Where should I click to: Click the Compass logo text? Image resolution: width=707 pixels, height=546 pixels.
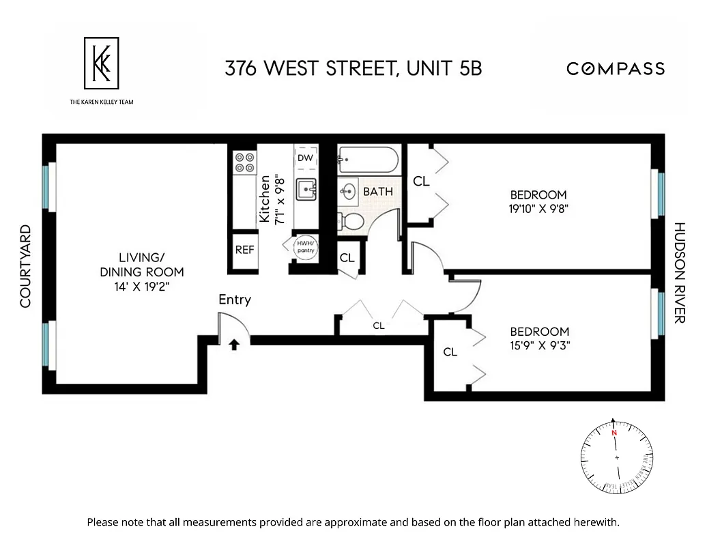tap(615, 68)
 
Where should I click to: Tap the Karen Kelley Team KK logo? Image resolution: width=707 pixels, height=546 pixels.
tap(101, 63)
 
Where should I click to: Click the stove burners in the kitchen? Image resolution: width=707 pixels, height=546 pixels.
tap(245, 162)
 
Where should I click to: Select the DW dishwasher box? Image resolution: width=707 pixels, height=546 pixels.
tap(305, 158)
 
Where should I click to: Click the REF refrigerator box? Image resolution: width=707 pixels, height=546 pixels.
tap(244, 250)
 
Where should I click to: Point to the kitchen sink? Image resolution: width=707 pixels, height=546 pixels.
tap(306, 189)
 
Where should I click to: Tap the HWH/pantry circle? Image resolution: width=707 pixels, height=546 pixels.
tap(304, 246)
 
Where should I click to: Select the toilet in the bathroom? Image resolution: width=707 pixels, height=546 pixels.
tap(351, 221)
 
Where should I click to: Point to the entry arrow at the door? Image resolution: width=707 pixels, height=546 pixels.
tap(233, 345)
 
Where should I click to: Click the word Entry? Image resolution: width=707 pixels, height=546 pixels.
tap(235, 300)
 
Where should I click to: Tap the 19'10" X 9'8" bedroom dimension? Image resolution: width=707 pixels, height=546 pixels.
tap(538, 210)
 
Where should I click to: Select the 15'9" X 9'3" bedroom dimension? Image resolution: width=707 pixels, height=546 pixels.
tap(539, 345)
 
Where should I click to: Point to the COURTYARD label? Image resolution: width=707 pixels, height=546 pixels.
tap(26, 266)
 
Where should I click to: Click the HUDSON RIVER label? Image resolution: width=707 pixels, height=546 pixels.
tap(679, 272)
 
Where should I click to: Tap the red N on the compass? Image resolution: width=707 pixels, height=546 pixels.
tap(614, 433)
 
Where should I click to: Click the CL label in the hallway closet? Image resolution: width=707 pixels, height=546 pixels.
tap(379, 326)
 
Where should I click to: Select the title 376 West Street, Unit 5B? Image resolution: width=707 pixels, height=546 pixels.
tap(353, 68)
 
